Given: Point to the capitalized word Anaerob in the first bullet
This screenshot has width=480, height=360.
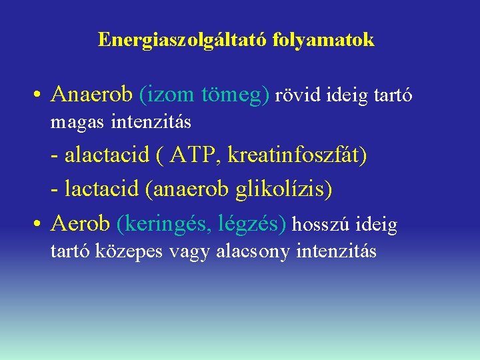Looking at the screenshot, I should [x=92, y=95].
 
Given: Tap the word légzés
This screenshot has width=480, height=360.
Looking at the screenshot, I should [x=253, y=224].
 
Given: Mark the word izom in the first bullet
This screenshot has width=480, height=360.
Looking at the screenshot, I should [x=168, y=95].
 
